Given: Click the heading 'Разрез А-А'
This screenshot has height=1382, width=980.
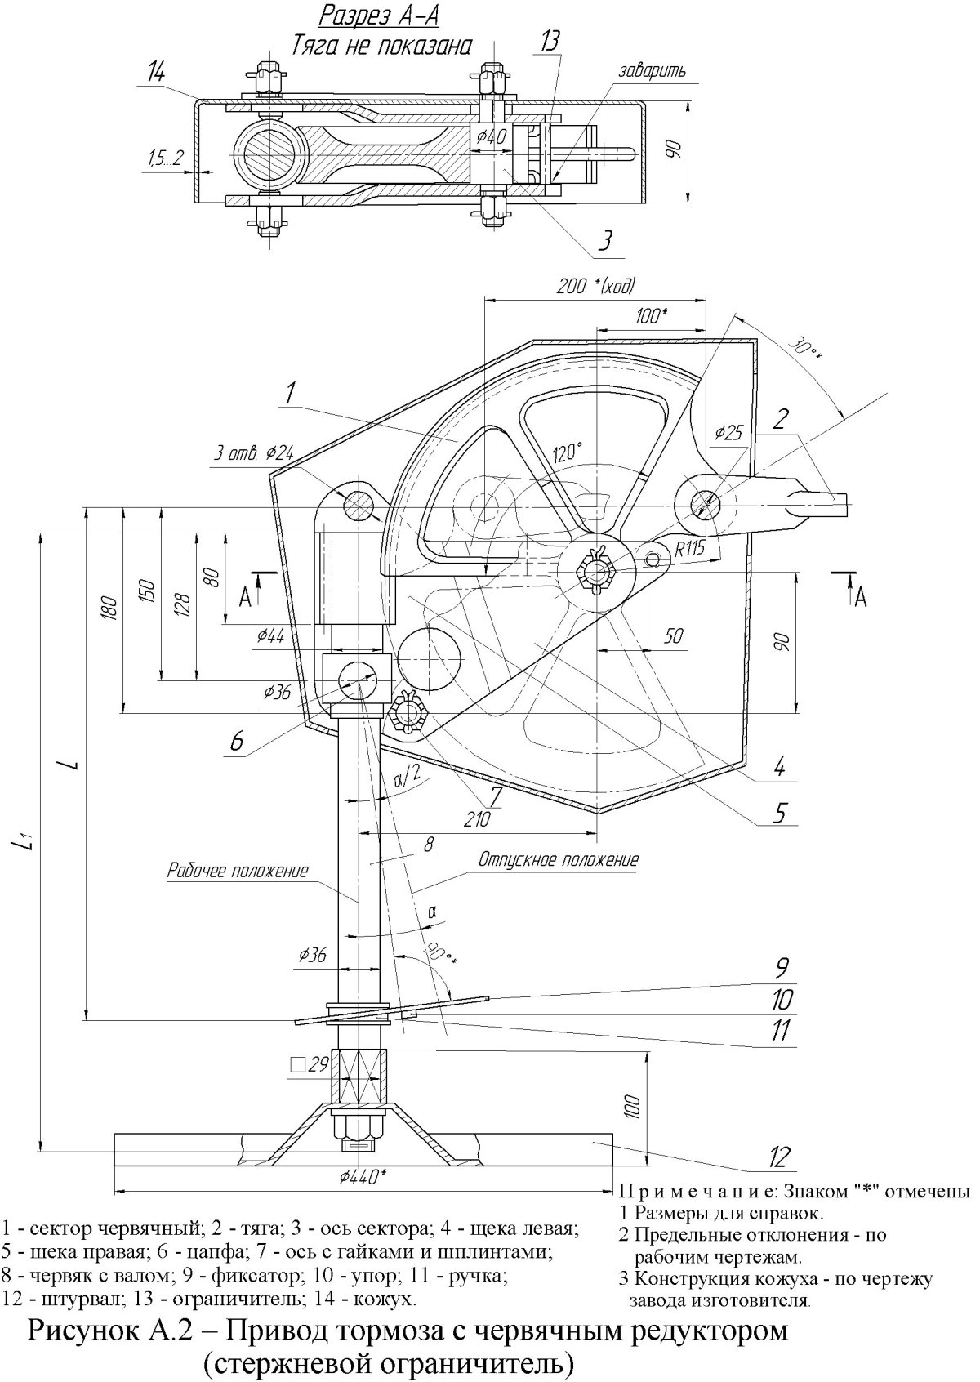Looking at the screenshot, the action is (x=379, y=16).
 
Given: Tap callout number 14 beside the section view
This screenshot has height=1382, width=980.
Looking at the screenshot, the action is (x=155, y=73).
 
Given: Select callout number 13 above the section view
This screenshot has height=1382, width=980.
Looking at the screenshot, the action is (x=550, y=42).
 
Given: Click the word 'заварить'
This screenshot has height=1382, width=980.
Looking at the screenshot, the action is (x=652, y=71).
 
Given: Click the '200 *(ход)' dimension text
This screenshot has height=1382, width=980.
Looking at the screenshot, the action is (x=595, y=286).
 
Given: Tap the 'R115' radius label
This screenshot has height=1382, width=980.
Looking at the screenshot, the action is (x=689, y=549).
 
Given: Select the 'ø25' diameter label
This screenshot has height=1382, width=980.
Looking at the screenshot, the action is (x=728, y=433).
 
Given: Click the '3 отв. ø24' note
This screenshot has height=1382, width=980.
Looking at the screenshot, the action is (x=254, y=454).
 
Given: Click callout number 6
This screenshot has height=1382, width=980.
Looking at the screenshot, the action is (x=236, y=740).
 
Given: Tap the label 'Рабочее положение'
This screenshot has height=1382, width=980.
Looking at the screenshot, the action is (x=238, y=871).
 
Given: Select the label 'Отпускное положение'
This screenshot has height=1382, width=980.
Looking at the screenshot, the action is (x=559, y=859).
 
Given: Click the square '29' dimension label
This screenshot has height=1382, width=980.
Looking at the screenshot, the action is (x=309, y=1064).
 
